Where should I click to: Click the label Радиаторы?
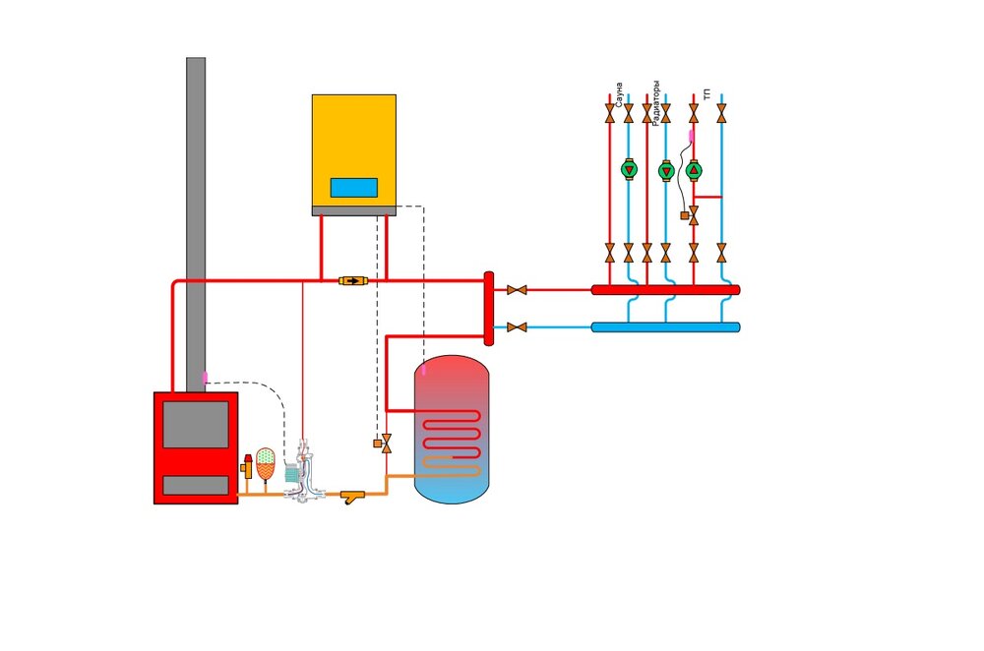[656, 101]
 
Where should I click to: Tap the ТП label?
[707, 95]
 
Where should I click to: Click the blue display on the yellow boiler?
[353, 187]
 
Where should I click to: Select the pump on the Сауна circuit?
[629, 169]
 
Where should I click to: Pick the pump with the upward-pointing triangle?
[693, 169]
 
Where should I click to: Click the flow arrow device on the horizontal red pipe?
[352, 281]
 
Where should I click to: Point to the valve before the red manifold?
[517, 290]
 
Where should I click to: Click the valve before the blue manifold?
[517, 326]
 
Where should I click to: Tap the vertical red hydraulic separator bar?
[488, 309]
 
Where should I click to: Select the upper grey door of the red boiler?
[196, 424]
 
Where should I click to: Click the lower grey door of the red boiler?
[196, 485]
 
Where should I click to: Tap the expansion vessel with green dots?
[266, 462]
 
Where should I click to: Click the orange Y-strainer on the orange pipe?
[352, 496]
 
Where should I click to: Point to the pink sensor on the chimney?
[205, 377]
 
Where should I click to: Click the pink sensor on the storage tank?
[424, 372]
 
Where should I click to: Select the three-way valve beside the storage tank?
[385, 444]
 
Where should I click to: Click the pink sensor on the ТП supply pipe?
[692, 135]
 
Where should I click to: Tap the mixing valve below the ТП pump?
[693, 214]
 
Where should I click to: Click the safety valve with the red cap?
[247, 465]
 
